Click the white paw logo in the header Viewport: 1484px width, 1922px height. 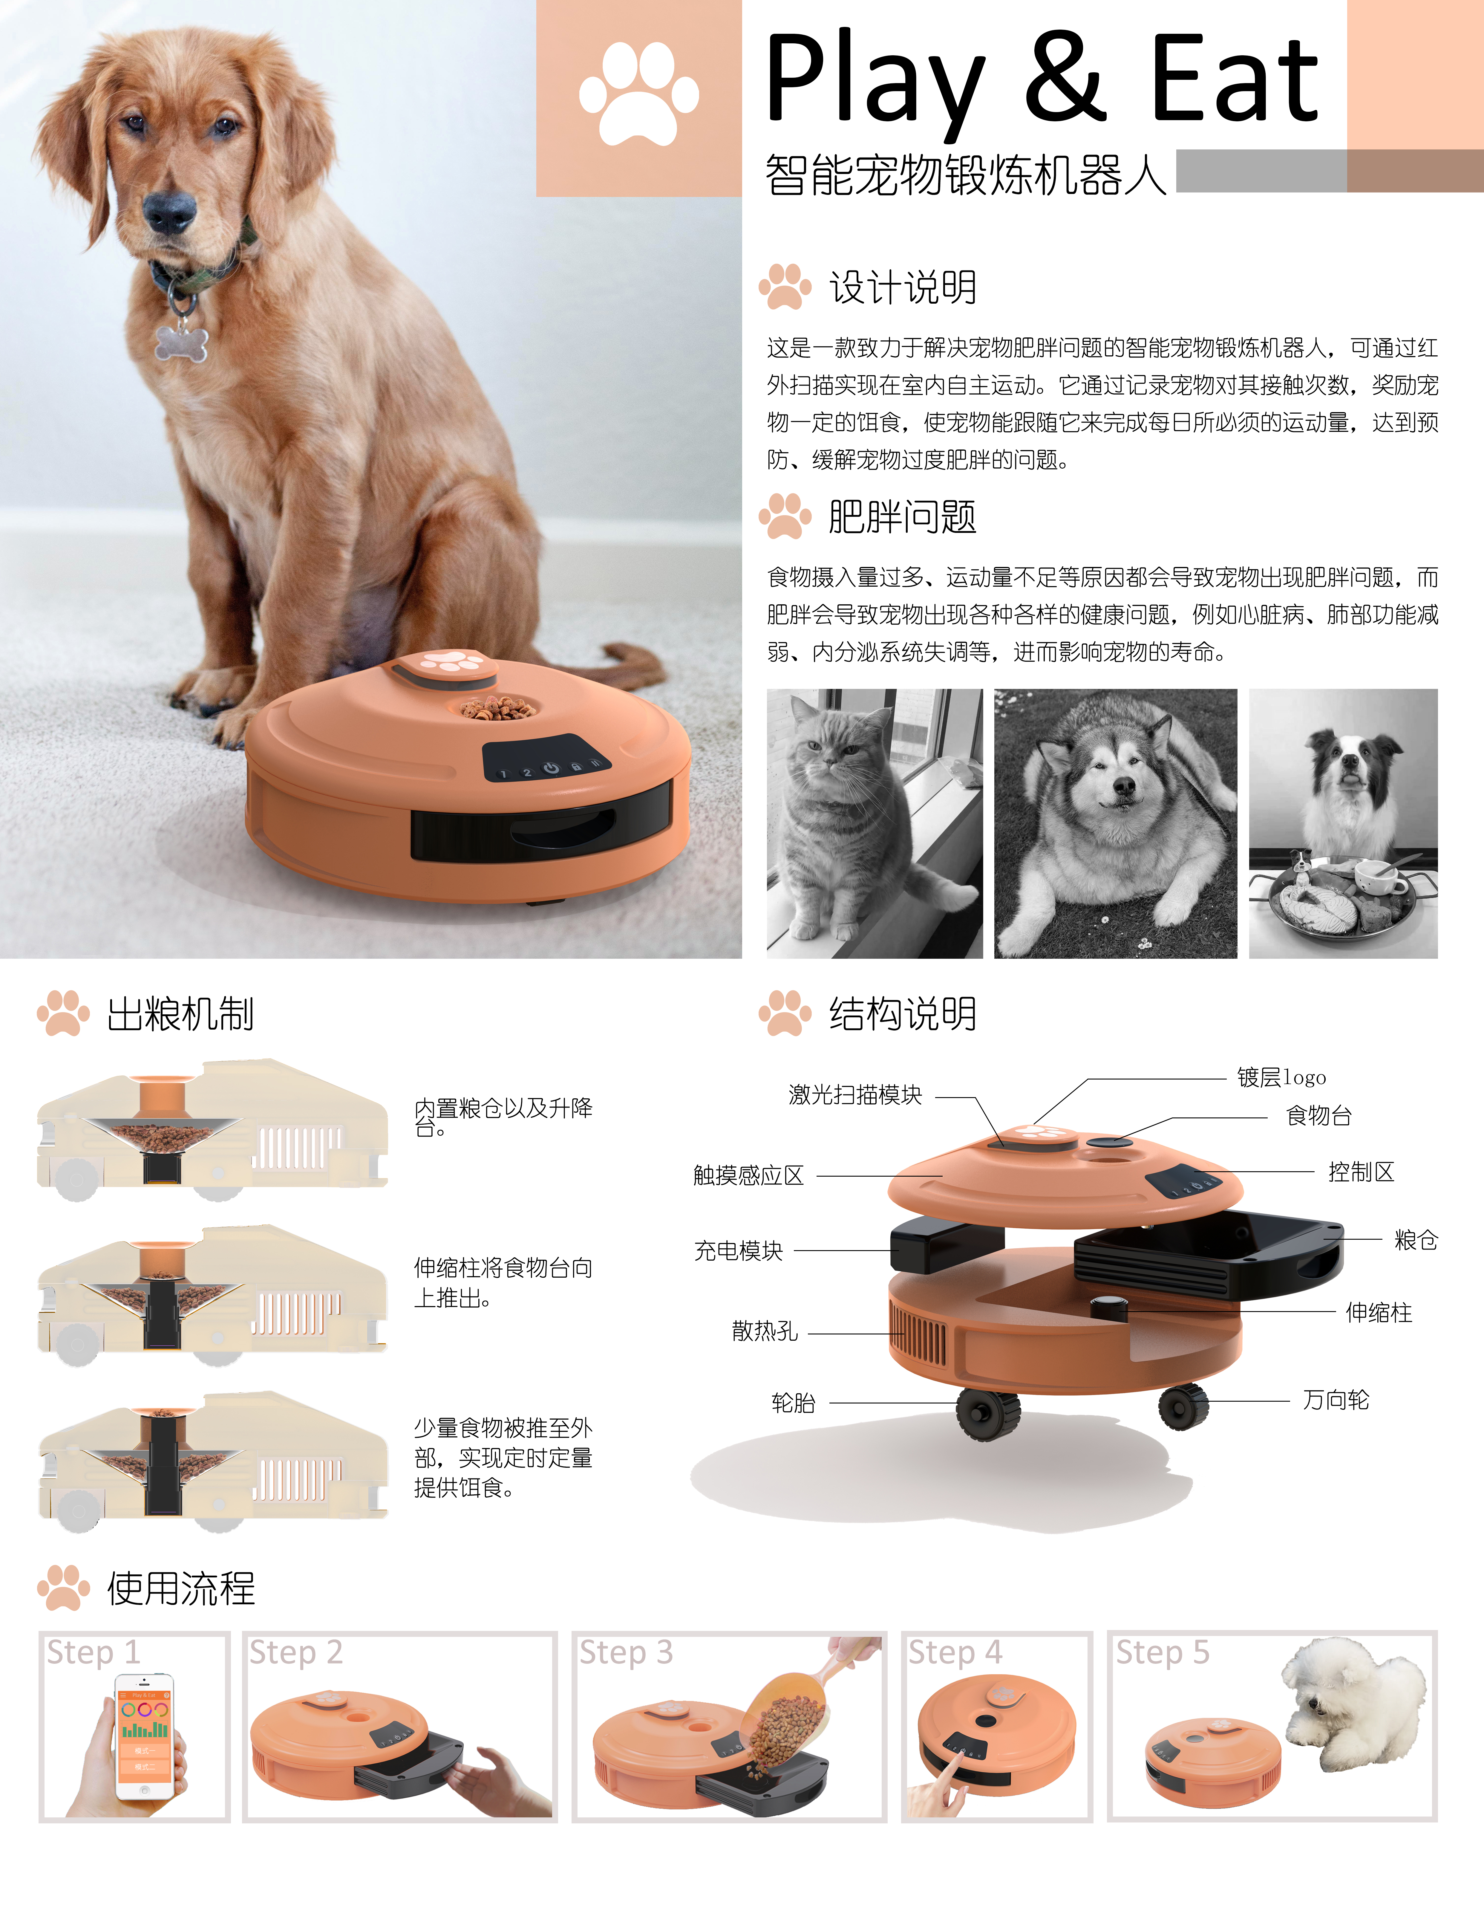tap(639, 95)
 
